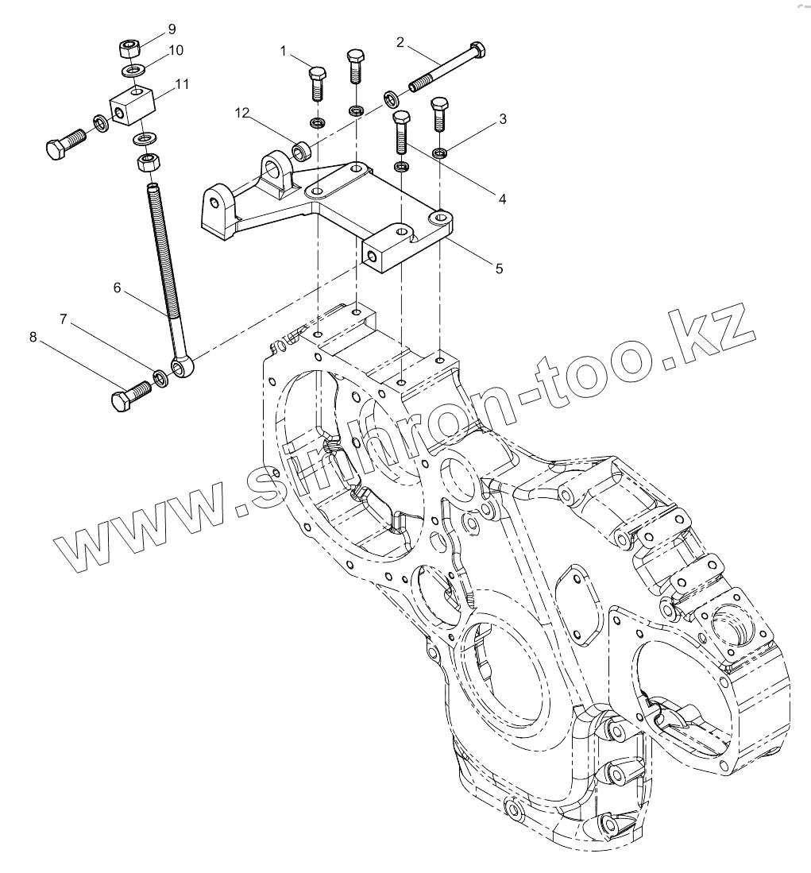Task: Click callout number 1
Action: [x=283, y=52]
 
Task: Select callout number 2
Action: [x=400, y=42]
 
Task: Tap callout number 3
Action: [x=503, y=119]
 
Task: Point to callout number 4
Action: [x=502, y=199]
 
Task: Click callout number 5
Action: [x=499, y=269]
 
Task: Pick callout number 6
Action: [x=117, y=288]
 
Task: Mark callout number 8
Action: [x=33, y=338]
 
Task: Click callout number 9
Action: [x=171, y=30]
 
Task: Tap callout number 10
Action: [x=176, y=50]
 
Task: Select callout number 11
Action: [x=182, y=83]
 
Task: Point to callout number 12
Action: [x=243, y=114]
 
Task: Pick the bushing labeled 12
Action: [x=302, y=149]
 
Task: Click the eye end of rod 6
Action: [x=183, y=366]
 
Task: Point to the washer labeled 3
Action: [x=439, y=152]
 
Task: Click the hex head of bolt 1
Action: [x=315, y=75]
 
